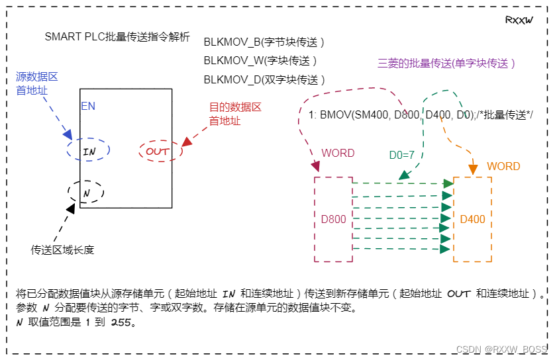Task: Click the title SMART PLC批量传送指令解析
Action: (117, 38)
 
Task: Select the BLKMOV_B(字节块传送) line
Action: (264, 42)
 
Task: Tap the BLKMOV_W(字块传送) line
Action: (260, 61)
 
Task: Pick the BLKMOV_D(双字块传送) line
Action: (264, 79)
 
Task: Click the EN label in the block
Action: (88, 106)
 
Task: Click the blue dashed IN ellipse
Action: (88, 151)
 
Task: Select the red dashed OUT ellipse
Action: (159, 152)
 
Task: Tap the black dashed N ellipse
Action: (86, 192)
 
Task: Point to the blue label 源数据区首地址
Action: (32, 84)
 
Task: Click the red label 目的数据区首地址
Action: (235, 114)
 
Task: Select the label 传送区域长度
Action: (63, 249)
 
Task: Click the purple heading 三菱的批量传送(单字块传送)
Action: (446, 64)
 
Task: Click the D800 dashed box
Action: (333, 218)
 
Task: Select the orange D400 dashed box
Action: (472, 218)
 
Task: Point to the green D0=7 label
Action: (401, 156)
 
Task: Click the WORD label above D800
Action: (338, 153)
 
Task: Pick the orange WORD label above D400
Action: (503, 166)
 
